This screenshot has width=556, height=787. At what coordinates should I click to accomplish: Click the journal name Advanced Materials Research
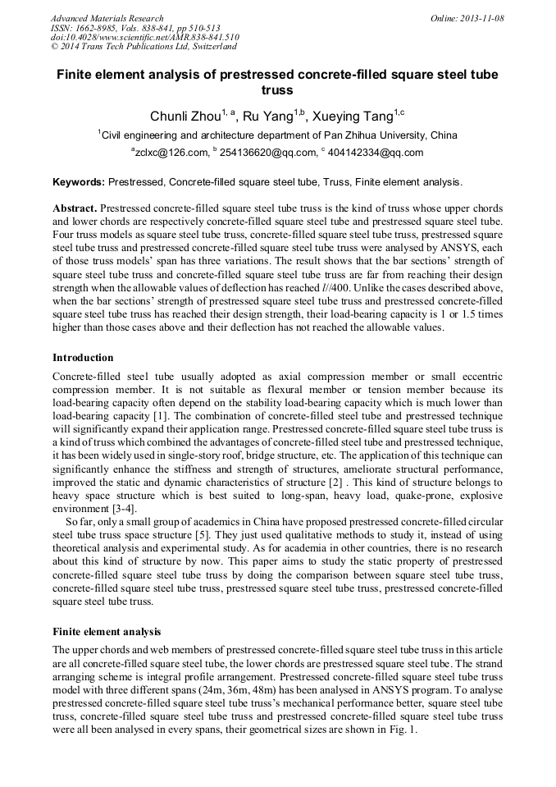(107, 18)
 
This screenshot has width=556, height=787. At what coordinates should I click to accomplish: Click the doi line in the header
(145, 37)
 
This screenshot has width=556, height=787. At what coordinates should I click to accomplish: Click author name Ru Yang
(269, 117)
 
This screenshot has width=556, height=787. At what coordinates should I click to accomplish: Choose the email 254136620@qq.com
(267, 153)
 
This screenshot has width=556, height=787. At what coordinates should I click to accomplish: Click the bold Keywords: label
(79, 181)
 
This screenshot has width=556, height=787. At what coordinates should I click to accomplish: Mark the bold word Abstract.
(75, 208)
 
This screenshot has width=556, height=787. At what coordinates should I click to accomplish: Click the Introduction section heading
(83, 358)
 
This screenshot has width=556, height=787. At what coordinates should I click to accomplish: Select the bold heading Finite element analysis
(107, 632)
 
